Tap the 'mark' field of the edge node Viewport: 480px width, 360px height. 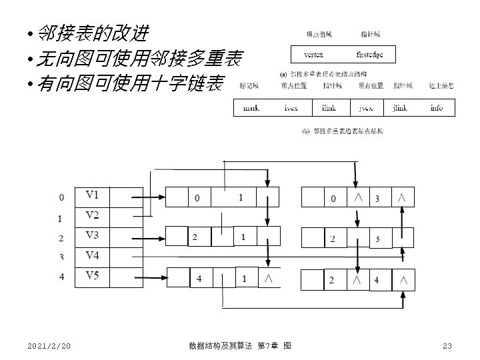pos(251,108)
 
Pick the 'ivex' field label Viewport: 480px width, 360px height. pos(291,108)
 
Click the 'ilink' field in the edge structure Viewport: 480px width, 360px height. pos(329,108)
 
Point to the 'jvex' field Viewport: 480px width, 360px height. pos(365,108)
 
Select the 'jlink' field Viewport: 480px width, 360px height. pos(400,108)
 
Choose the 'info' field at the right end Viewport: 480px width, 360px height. pos(436,108)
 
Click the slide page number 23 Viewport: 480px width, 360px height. pos(447,345)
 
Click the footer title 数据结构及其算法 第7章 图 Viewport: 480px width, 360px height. pos(239,345)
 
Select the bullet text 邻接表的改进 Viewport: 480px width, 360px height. pos(93,33)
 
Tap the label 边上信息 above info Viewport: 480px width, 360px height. pos(442,85)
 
